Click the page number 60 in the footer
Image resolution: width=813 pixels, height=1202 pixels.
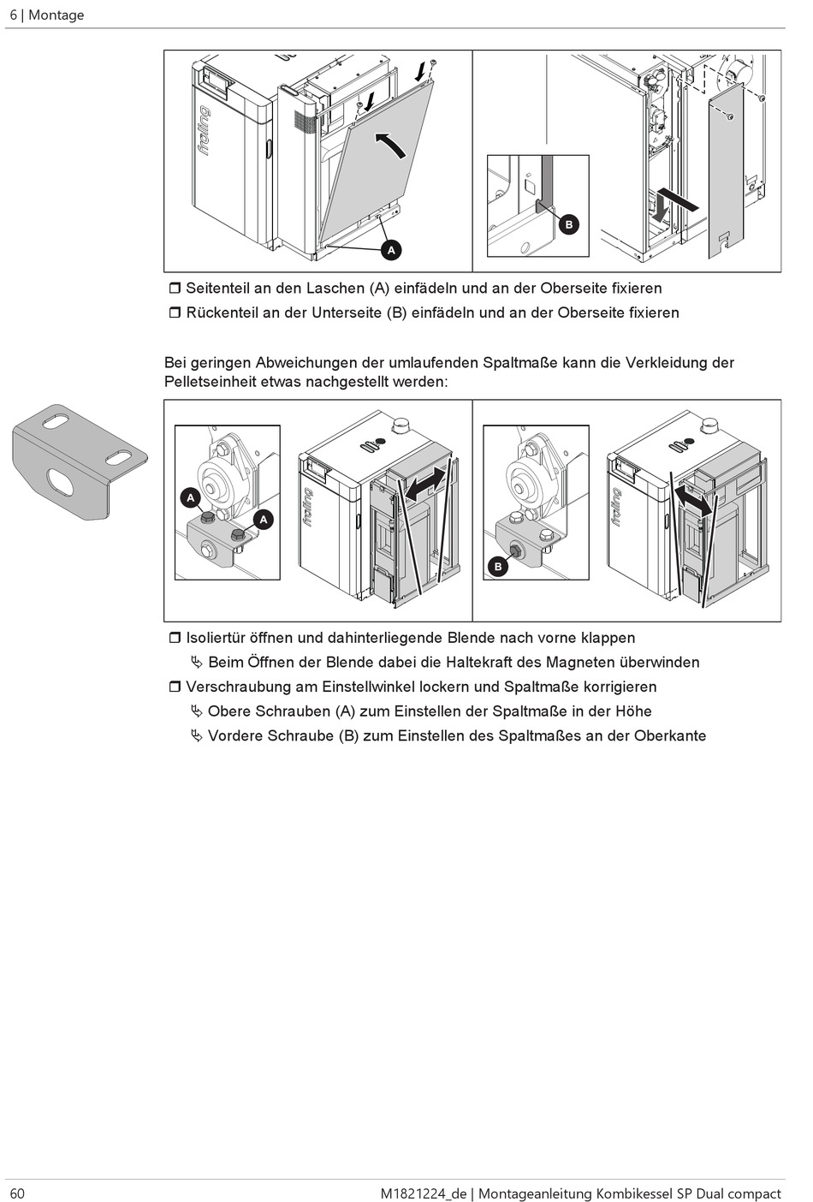tap(17, 1193)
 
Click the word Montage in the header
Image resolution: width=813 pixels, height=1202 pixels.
tap(56, 15)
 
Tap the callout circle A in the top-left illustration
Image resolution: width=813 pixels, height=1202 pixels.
tap(391, 250)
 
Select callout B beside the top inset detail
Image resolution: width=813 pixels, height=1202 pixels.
tap(569, 225)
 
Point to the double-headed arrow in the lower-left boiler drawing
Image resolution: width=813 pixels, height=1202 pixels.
tap(425, 484)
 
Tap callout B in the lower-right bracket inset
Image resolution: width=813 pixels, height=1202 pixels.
tap(498, 566)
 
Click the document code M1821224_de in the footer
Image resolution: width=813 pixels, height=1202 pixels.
tap(424, 1193)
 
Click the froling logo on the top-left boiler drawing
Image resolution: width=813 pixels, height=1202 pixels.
tap(205, 130)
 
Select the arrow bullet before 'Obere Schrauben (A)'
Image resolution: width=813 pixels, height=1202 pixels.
tap(197, 711)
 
